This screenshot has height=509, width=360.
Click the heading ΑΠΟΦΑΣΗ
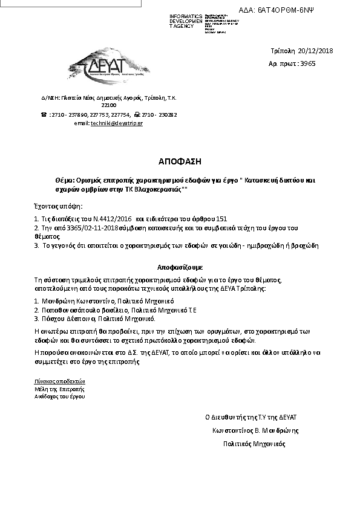pyautogui.click(x=179, y=162)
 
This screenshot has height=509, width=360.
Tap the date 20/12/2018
pyautogui.click(x=315, y=51)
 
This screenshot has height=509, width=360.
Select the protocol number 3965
pyautogui.click(x=307, y=63)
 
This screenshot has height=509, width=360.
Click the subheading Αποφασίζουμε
pyautogui.click(x=180, y=266)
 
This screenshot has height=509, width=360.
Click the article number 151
pyautogui.click(x=221, y=219)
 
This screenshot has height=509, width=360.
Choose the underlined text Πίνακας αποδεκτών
pyautogui.click(x=60, y=381)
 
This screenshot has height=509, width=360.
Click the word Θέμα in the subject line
pyautogui.click(x=64, y=180)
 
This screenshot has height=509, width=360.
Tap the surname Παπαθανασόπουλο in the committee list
pyautogui.click(x=67, y=309)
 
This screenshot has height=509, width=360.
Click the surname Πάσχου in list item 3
pyautogui.click(x=50, y=317)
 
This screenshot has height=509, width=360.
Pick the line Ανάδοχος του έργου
pyautogui.click(x=60, y=397)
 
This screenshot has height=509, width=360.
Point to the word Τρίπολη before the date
pyautogui.click(x=282, y=51)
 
